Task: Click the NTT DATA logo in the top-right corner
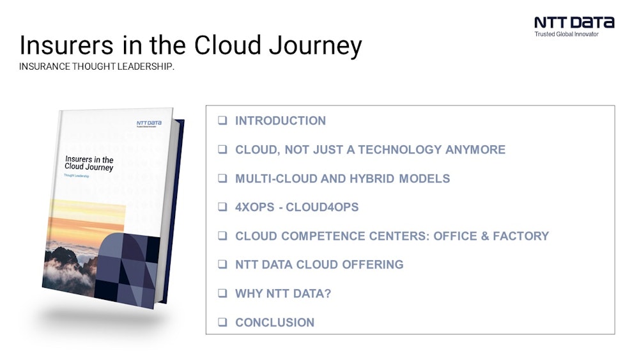click(574, 22)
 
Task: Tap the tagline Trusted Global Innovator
click(566, 35)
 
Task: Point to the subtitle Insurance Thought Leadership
click(96, 67)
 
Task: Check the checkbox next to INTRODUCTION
click(222, 121)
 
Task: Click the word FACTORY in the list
click(518, 236)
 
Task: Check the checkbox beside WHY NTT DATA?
click(222, 293)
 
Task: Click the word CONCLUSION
click(275, 322)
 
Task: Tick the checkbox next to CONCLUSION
click(222, 322)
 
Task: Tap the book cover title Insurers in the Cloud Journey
click(89, 163)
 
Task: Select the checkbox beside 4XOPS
click(222, 207)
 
